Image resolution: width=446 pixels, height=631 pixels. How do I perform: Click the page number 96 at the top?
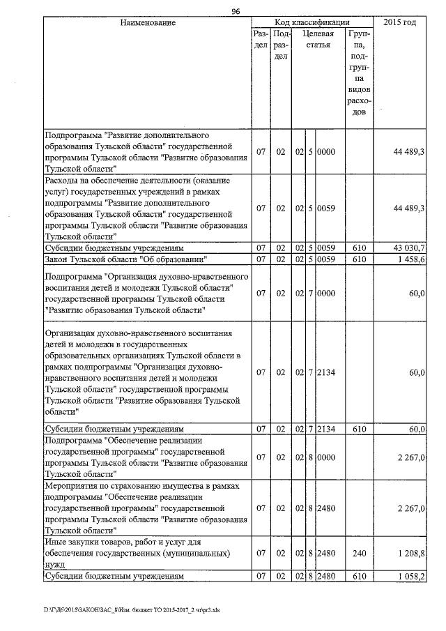click(x=236, y=10)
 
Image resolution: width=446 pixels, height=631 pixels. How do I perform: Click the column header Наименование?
click(x=147, y=22)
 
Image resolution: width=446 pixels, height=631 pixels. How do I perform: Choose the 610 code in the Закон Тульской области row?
click(x=359, y=259)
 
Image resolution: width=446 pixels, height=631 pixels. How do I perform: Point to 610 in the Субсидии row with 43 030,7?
click(x=359, y=248)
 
